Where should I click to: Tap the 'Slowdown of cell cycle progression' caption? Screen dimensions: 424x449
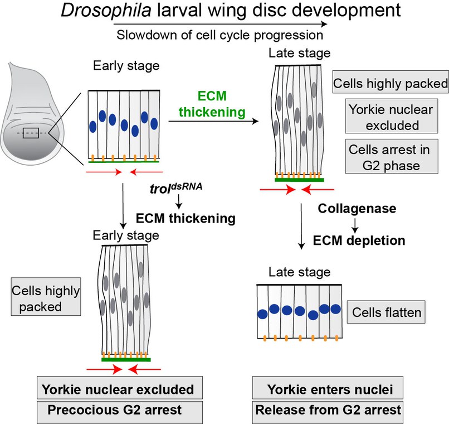point(219,35)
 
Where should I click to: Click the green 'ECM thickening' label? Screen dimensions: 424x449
point(212,104)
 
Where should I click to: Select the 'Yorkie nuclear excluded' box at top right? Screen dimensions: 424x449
point(389,117)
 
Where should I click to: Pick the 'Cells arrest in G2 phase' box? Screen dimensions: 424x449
point(389,158)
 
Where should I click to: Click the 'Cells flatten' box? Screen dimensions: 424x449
point(386,312)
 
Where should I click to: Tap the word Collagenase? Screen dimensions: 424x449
point(357,208)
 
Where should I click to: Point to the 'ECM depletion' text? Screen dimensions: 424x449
point(359,240)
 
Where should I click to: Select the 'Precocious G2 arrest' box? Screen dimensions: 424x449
point(115,409)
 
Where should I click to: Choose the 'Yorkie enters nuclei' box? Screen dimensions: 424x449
point(328,389)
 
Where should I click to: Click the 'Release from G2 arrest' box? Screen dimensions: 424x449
point(328,409)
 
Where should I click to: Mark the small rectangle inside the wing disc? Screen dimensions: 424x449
point(31,133)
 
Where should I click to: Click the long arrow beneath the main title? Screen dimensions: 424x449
point(219,25)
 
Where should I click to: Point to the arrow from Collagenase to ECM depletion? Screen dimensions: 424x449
point(353,224)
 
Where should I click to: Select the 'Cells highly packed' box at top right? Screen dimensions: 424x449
point(390,84)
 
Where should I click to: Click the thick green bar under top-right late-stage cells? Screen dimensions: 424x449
point(299,180)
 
